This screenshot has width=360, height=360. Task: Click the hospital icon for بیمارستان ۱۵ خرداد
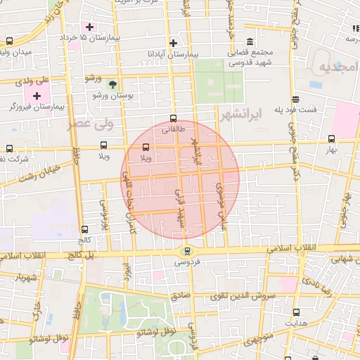click(x=91, y=27)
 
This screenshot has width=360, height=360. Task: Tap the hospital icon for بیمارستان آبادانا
click(x=173, y=44)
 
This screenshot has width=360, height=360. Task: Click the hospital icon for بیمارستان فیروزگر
click(x=37, y=95)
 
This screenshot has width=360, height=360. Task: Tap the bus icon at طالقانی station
click(x=173, y=119)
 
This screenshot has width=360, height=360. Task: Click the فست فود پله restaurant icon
click(x=296, y=99)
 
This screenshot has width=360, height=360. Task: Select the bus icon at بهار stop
click(x=331, y=139)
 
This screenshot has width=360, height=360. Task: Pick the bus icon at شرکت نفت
click(x=9, y=148)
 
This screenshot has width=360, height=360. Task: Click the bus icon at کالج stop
click(x=85, y=229)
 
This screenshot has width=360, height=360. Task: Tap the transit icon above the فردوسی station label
click(x=186, y=250)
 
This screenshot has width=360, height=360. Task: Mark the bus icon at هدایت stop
click(x=295, y=312)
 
